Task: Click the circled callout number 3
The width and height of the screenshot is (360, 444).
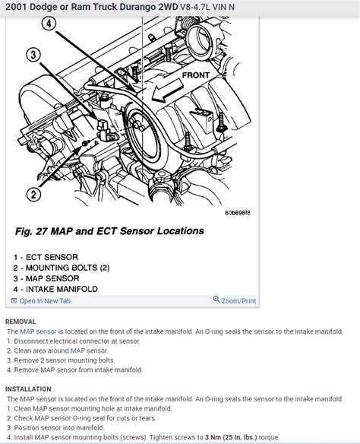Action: click(x=31, y=55)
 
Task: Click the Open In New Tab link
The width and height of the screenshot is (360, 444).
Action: click(x=45, y=301)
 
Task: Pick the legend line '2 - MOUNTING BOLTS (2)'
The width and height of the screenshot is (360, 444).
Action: click(x=66, y=268)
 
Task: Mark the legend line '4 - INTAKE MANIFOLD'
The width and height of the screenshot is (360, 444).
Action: click(x=60, y=289)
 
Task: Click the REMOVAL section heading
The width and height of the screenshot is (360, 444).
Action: click(x=24, y=322)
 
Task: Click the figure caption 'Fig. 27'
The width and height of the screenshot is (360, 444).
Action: click(x=33, y=231)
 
